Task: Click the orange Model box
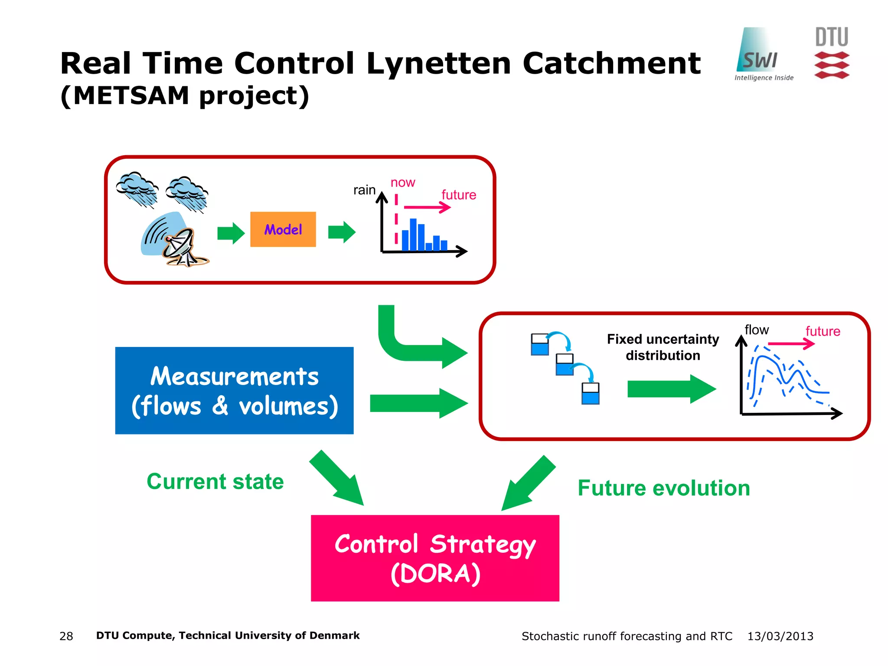pyautogui.click(x=283, y=229)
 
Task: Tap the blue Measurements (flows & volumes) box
pyautogui.click(x=234, y=390)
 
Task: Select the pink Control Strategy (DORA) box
pyautogui.click(x=435, y=558)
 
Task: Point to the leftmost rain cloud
pyautogui.click(x=137, y=189)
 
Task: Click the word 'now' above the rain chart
pyautogui.click(x=403, y=183)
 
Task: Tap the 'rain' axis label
pyautogui.click(x=364, y=190)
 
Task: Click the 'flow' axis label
pyautogui.click(x=757, y=330)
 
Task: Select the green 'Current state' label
pyautogui.click(x=215, y=482)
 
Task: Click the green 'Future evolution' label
pyautogui.click(x=664, y=488)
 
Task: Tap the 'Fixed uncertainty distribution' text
pyautogui.click(x=663, y=347)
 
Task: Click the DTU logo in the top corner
pyautogui.click(x=832, y=53)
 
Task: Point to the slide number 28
pyautogui.click(x=66, y=636)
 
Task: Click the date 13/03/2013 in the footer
pyautogui.click(x=780, y=636)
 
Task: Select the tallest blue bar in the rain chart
pyautogui.click(x=413, y=235)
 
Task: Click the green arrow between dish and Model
pyautogui.click(x=231, y=233)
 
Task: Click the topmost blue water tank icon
pyautogui.click(x=540, y=345)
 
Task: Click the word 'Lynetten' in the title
pyautogui.click(x=438, y=64)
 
